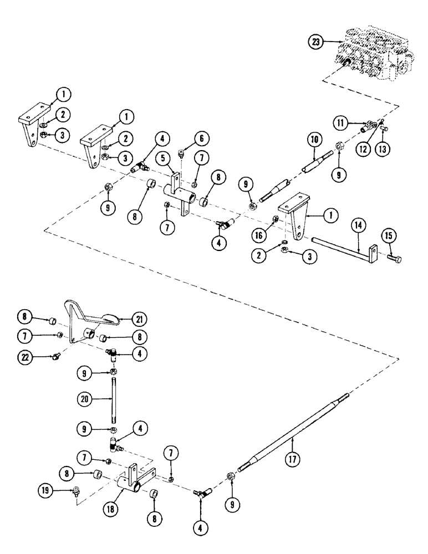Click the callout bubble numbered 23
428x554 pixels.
(x=316, y=41)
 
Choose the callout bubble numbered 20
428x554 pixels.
(x=83, y=398)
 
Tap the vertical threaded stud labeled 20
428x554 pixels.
(x=113, y=399)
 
